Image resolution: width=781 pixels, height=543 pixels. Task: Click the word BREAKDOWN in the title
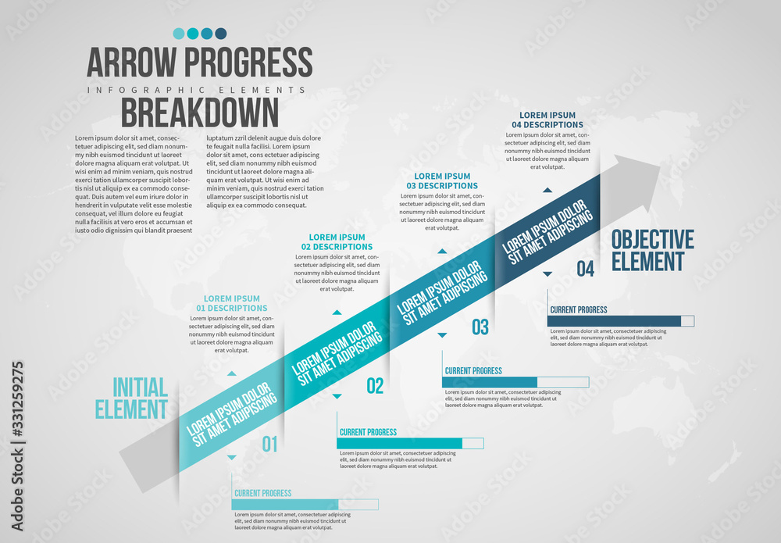point(199,113)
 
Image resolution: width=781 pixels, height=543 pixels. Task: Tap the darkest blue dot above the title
point(221,34)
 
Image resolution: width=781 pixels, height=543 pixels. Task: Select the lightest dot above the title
point(179,34)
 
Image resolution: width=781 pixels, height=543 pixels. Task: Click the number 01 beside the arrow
point(269,445)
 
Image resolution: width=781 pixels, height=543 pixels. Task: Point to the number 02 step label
point(375,385)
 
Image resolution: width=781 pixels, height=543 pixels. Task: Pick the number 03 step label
point(480,327)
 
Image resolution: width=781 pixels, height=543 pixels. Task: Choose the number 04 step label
point(585,269)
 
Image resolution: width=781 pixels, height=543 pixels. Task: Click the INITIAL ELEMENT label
point(131,398)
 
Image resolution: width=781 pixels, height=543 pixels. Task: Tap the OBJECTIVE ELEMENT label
point(652,250)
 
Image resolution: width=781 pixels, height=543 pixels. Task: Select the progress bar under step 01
point(305,504)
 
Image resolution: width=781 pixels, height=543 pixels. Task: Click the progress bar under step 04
point(621,320)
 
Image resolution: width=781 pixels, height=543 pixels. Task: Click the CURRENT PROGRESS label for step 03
point(473,370)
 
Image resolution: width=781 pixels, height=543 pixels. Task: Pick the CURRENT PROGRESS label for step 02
point(368,432)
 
